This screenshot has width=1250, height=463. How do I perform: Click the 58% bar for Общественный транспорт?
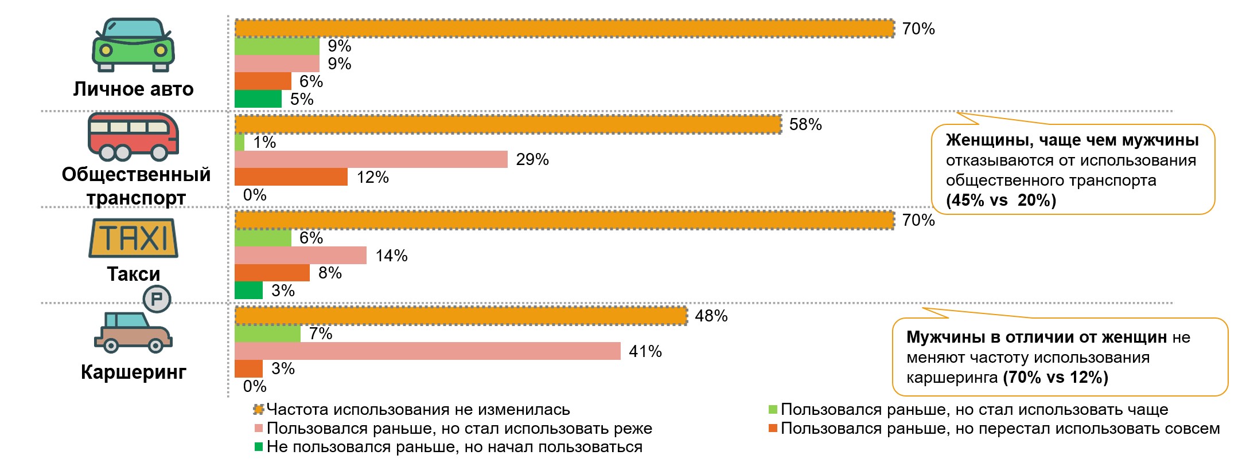508,124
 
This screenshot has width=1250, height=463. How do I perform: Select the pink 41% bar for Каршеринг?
427,351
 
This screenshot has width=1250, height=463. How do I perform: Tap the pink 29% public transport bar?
371,159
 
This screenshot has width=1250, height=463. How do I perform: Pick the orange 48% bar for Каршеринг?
461,316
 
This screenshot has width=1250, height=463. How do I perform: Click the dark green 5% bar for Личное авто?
258,99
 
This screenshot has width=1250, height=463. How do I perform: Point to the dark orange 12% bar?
291,177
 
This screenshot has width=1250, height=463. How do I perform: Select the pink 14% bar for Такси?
301,256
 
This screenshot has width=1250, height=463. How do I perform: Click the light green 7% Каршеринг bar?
267,333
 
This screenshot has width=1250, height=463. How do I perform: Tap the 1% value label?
264,142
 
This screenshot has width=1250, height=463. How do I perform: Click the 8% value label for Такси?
330,273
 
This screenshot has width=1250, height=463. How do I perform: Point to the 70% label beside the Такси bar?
918,220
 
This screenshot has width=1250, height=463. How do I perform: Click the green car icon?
133,45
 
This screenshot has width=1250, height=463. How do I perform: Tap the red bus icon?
133,136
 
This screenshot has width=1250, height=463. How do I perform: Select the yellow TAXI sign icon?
133,238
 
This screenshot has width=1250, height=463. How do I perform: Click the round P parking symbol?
157,299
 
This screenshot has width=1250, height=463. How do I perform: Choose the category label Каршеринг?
133,372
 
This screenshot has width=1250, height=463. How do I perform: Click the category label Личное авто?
133,89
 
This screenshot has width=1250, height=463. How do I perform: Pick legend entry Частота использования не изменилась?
418,410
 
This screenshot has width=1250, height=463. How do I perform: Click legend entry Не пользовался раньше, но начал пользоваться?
454,447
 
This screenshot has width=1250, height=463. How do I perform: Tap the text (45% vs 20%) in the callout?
1000,201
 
